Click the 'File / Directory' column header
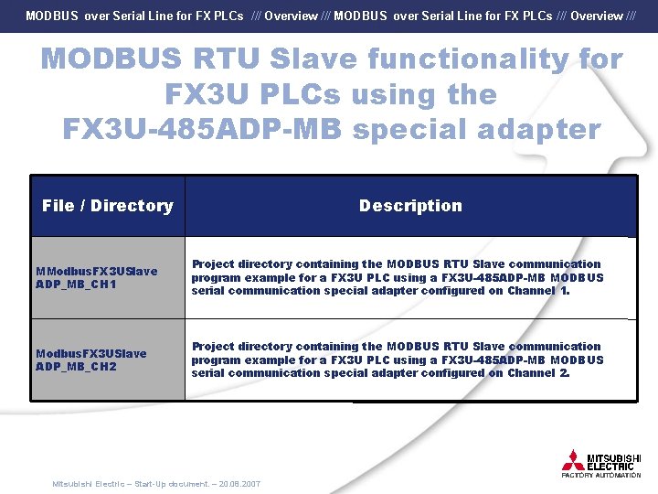point(107,206)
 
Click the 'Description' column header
point(410,206)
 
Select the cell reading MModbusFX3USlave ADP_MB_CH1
point(96,277)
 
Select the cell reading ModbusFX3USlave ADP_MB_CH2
point(90,360)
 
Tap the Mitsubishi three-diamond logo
point(573,459)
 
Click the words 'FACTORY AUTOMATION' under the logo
point(601,476)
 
